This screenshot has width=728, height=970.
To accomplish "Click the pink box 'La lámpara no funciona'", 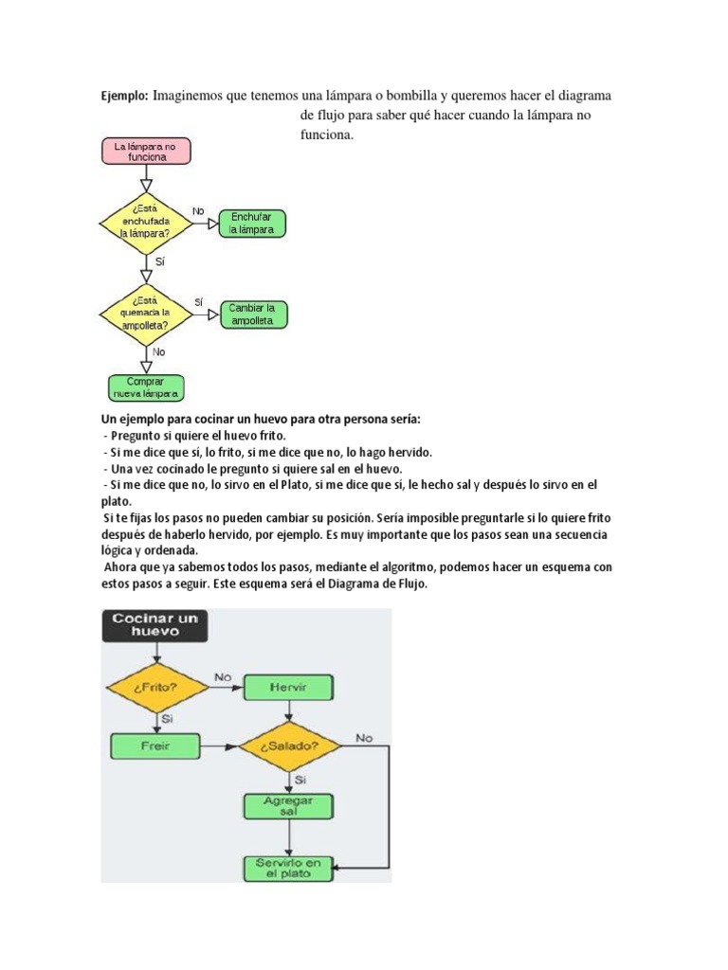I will pos(146,152).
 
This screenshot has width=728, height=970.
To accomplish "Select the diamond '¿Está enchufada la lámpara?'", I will pos(146,224).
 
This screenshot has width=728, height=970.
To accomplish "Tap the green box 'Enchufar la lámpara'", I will pos(252,224).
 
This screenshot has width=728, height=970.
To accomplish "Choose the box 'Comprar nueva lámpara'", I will pos(145,386).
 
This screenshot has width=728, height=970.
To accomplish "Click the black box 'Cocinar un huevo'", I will pos(155,626).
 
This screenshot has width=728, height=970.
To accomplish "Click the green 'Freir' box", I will pos(155,745).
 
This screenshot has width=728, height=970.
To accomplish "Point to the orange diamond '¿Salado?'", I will pos(290,745).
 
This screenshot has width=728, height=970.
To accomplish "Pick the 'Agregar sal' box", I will pos(289,806).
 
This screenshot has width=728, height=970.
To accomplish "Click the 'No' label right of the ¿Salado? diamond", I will pos(364,737).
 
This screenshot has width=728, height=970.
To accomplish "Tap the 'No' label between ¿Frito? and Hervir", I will pos(223,677).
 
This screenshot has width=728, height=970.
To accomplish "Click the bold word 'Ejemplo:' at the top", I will pos(124,97).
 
